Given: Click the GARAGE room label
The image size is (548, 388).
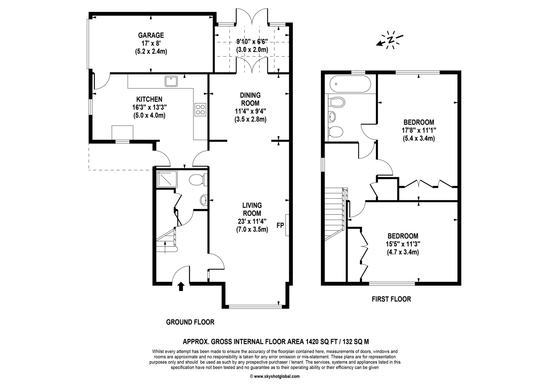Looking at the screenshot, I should pyautogui.click(x=151, y=35).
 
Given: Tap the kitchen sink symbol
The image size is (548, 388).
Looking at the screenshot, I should pyautogui.click(x=171, y=81).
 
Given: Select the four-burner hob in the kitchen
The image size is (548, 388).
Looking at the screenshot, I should pyautogui.click(x=200, y=110).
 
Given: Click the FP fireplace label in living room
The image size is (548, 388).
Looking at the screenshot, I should pyautogui.click(x=280, y=226).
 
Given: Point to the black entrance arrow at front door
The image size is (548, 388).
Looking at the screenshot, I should pyautogui.click(x=181, y=286).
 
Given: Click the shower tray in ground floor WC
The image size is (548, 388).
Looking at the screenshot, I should pyautogui.click(x=167, y=179).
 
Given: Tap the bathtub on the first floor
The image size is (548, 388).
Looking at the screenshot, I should pyautogui.click(x=350, y=84).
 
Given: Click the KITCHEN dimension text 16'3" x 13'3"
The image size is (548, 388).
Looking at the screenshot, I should pyautogui.click(x=149, y=107).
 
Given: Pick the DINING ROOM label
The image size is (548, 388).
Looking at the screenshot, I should pyautogui.click(x=250, y=99).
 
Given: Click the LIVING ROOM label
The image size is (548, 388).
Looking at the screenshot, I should pyautogui.click(x=252, y=209).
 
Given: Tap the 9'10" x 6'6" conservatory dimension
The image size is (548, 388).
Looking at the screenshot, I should pyautogui.click(x=252, y=42).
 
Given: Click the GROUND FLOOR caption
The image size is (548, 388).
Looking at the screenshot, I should pyautogui.click(x=190, y=322).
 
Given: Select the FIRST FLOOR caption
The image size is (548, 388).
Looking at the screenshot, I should pyautogui.click(x=391, y=299).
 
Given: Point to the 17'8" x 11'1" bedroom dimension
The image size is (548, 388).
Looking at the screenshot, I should pyautogui.click(x=419, y=130).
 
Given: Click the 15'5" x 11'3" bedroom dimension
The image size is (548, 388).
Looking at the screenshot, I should pyautogui.click(x=403, y=244).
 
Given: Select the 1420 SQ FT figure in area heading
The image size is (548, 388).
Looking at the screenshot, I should pyautogui.click(x=320, y=342).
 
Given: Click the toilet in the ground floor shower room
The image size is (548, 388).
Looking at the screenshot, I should pyautogui.click(x=196, y=180).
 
